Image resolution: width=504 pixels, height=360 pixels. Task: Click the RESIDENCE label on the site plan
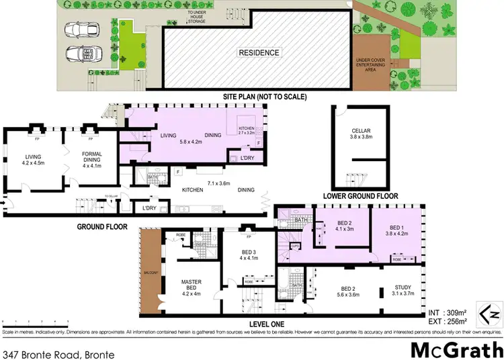pos(259,52)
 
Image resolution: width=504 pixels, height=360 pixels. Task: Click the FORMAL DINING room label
pos(91,158)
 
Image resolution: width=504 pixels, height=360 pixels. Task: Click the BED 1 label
pos(399,226)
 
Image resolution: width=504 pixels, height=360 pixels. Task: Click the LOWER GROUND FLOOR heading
pos(360,196)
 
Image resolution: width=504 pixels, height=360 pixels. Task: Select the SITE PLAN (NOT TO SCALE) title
pos(265,97)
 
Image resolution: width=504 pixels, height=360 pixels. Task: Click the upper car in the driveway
pos(79,30)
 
